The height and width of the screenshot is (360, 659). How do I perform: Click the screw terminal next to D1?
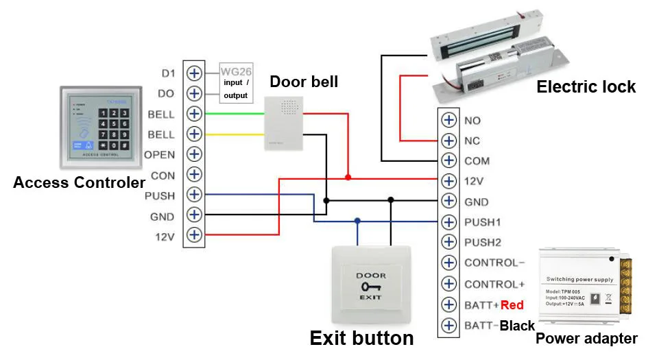pyautogui.click(x=195, y=73)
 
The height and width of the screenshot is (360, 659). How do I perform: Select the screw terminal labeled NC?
pyautogui.click(x=448, y=141)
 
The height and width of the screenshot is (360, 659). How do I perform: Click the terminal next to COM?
pyautogui.click(x=448, y=160)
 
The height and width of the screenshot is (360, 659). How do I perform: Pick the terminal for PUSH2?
pyautogui.click(x=448, y=242)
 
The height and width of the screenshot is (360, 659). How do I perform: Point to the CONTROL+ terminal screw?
pyautogui.click(x=448, y=283)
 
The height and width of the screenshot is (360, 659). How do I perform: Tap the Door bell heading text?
pyautogui.click(x=303, y=82)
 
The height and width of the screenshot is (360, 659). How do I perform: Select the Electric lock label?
pyautogui.click(x=586, y=87)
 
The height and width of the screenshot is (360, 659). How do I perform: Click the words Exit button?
pyautogui.click(x=361, y=338)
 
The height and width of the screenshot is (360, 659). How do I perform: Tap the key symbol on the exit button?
pyautogui.click(x=370, y=287)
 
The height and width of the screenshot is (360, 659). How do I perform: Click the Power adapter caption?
pyautogui.click(x=586, y=338)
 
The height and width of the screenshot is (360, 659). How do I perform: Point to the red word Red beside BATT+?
pyautogui.click(x=512, y=304)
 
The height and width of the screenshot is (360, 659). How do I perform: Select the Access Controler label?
pyautogui.click(x=79, y=183)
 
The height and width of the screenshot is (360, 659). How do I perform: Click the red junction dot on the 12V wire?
pyautogui.click(x=348, y=177)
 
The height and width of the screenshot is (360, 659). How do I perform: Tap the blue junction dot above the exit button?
pyautogui.click(x=357, y=221)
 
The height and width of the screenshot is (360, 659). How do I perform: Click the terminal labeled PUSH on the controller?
pyautogui.click(x=195, y=195)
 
